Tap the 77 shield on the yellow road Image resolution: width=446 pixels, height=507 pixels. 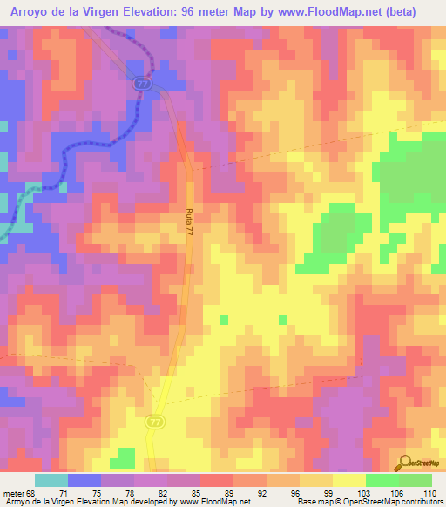[x=155, y=421]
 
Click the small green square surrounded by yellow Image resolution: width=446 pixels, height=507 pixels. [x=223, y=321]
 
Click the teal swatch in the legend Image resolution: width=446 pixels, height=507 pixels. [x=51, y=480]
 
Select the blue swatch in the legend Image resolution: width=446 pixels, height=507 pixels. [x=84, y=480]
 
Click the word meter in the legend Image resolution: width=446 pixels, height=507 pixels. [x=12, y=492]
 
